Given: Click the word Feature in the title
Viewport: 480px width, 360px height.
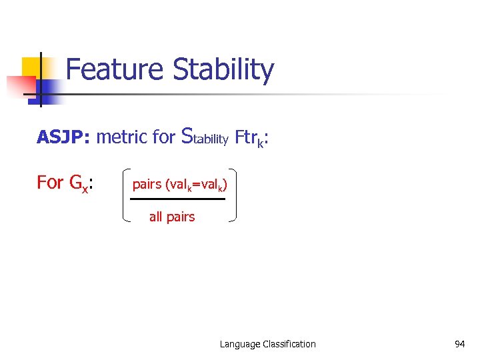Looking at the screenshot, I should click(x=115, y=70).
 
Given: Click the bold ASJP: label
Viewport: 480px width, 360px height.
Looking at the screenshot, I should click(x=64, y=137).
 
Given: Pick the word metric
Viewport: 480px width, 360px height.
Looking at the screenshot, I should click(x=121, y=137).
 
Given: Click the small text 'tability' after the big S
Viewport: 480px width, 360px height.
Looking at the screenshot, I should click(x=211, y=139).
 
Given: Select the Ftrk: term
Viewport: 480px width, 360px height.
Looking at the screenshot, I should click(x=252, y=138).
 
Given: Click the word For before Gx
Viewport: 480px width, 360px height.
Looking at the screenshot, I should click(x=50, y=182).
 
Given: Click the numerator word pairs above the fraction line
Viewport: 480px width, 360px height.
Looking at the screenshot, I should click(x=147, y=184).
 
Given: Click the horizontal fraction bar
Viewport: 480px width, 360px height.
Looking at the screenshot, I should click(x=178, y=199).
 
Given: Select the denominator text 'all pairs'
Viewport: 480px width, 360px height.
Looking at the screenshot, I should click(x=172, y=217).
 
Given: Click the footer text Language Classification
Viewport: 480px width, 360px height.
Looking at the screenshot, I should click(x=268, y=344).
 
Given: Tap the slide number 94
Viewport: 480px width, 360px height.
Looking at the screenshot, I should click(x=459, y=344).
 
